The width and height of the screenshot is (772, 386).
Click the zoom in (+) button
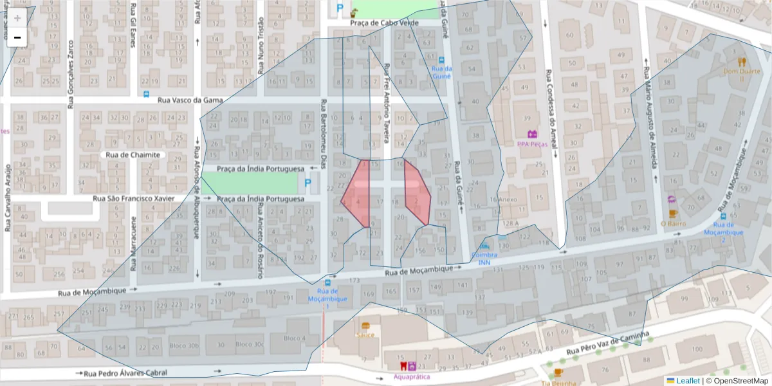coord(17,18)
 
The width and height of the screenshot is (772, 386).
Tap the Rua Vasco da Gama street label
coord(187,100)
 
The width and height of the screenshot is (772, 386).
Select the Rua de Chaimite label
coord(133,155)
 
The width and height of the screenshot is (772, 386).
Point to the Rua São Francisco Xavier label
coord(133,199)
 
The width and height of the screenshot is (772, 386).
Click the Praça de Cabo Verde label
coord(384,23)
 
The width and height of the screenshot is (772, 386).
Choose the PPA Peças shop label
coord(532,144)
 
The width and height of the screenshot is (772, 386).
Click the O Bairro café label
coord(673,223)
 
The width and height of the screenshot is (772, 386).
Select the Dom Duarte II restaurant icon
coord(741,62)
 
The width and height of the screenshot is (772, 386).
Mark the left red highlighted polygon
coord(357,195)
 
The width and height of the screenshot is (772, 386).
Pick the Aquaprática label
coord(412,376)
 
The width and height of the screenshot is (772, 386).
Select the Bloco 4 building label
coord(294,338)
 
